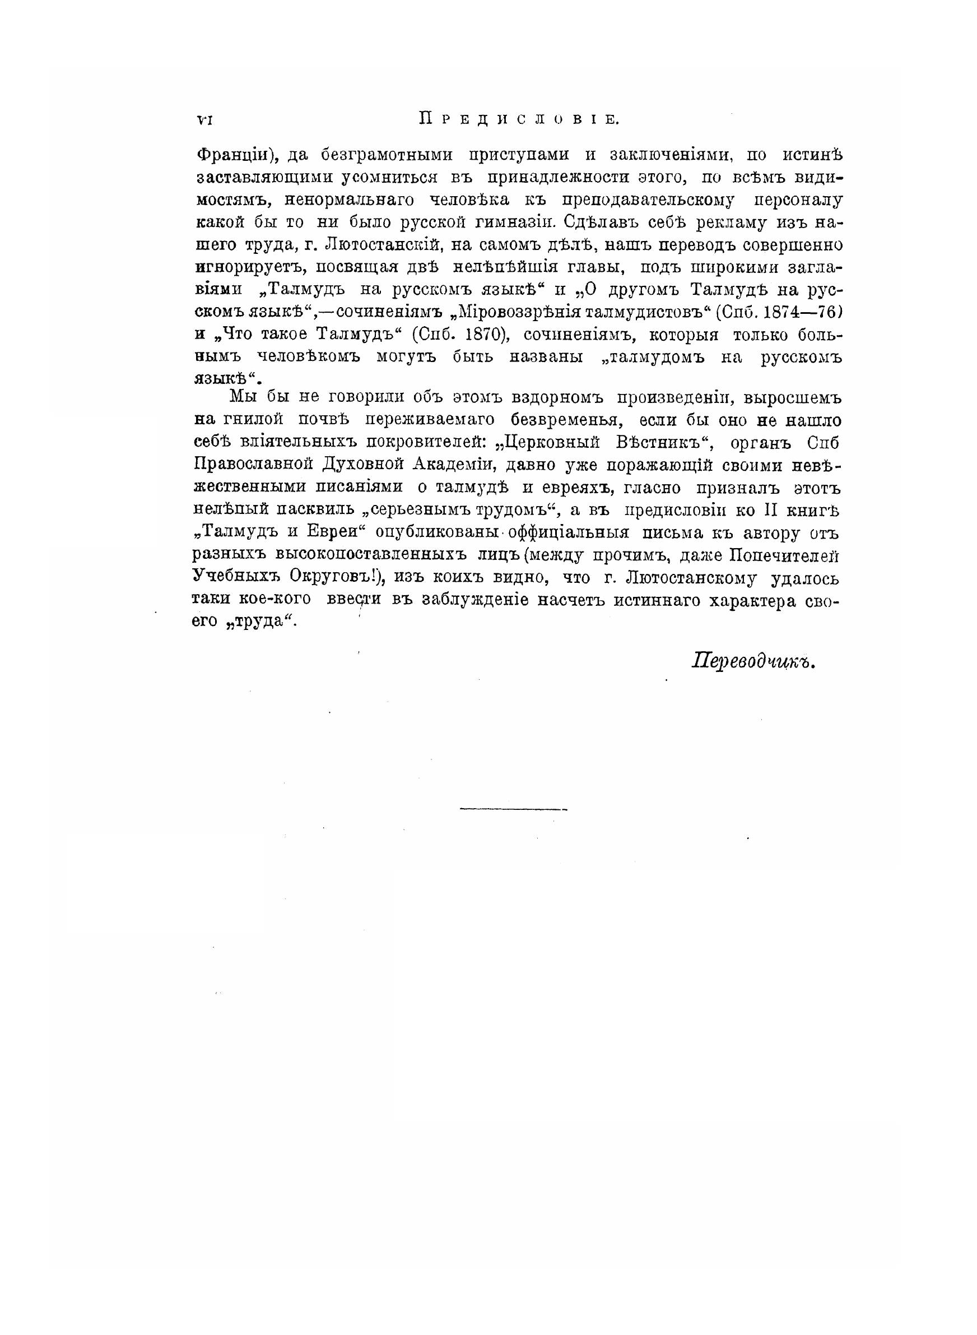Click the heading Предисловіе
[x=519, y=119]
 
